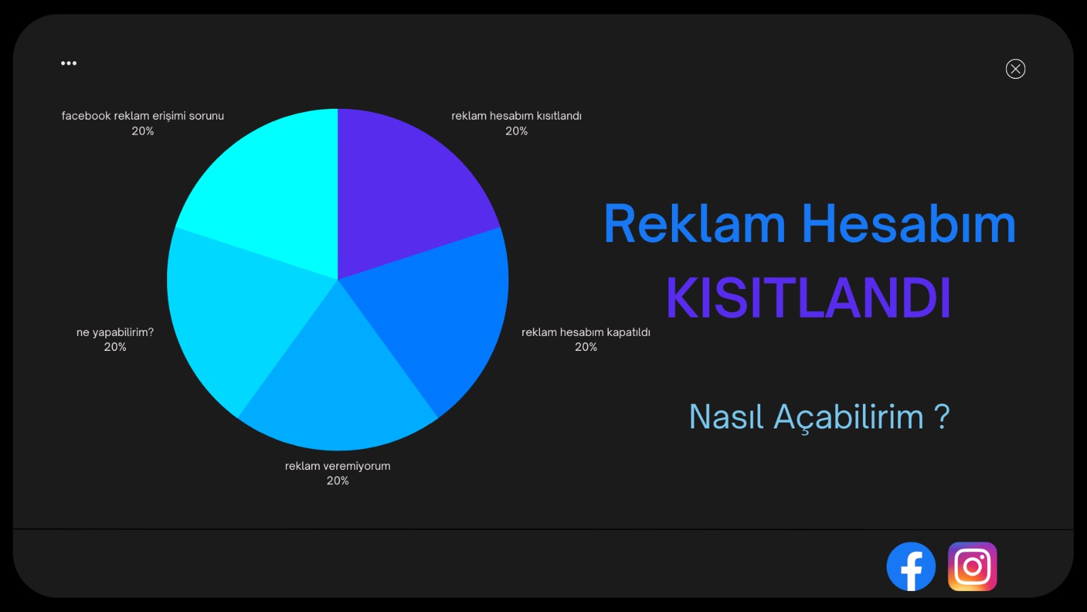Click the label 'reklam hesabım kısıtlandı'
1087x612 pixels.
pyautogui.click(x=516, y=116)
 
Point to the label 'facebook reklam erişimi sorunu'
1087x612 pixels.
pyautogui.click(x=143, y=116)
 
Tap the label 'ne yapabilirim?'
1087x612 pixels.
pyautogui.click(x=115, y=333)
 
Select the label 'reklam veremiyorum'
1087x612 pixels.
pyautogui.click(x=338, y=466)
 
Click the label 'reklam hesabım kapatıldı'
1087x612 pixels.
pyautogui.click(x=586, y=333)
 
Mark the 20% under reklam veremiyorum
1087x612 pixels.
pyautogui.click(x=338, y=481)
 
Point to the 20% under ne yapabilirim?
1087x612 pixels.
pyautogui.click(x=115, y=347)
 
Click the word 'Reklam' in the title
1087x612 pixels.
pyautogui.click(x=694, y=224)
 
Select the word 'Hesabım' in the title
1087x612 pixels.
pyautogui.click(x=909, y=224)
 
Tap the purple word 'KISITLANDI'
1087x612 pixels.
pyautogui.click(x=808, y=299)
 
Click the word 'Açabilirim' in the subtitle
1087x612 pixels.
pyautogui.click(x=849, y=417)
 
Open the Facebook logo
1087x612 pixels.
pyautogui.click(x=911, y=566)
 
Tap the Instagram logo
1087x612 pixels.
pyautogui.click(x=972, y=566)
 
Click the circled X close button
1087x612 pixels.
pyautogui.click(x=1015, y=69)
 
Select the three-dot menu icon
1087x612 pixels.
pyautogui.click(x=69, y=63)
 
